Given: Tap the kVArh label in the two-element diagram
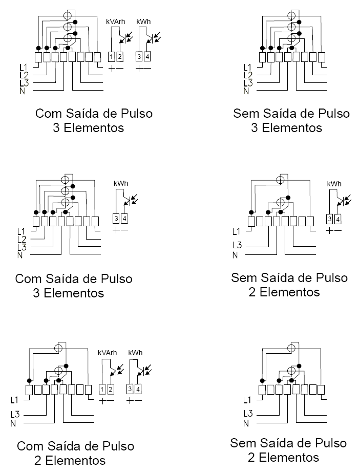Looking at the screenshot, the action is [x=108, y=353].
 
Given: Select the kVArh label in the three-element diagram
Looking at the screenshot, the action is [x=116, y=21].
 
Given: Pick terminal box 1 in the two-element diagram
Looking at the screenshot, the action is [x=102, y=389].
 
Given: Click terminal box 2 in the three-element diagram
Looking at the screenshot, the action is [x=120, y=57].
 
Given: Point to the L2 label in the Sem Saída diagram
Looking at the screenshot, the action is [x=248, y=75].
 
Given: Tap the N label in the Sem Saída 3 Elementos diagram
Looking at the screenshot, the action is [x=246, y=91].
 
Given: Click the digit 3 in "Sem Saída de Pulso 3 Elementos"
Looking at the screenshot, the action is [x=254, y=127].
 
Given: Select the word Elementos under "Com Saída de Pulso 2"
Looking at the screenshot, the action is [x=75, y=460].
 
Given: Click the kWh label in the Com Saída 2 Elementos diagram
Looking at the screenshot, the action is [x=135, y=353].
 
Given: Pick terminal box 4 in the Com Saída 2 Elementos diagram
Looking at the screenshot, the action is [x=138, y=389].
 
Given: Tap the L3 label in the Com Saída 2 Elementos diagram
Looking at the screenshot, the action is [x=15, y=414].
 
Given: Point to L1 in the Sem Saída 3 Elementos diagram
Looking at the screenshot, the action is [x=248, y=68].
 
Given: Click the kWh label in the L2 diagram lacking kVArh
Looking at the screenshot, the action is [x=121, y=183].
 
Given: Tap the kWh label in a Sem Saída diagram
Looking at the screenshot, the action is [x=334, y=183].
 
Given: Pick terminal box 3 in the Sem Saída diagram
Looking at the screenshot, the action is [x=330, y=219].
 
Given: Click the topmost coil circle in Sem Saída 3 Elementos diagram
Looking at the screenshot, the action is [x=291, y=15].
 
